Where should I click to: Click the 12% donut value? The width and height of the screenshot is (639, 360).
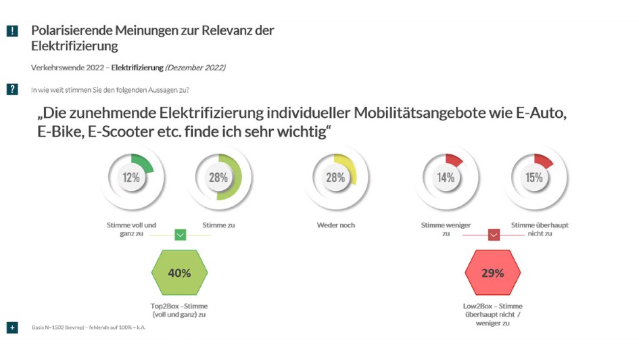(x=131, y=178)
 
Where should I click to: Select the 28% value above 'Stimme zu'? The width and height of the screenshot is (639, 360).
(x=218, y=178)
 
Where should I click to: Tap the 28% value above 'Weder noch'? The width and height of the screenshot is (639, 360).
(x=335, y=178)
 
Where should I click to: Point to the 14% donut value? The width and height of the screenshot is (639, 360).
(x=446, y=178)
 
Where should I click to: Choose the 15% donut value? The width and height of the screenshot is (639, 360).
(x=534, y=178)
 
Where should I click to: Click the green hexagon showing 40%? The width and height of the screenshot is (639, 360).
(x=180, y=273)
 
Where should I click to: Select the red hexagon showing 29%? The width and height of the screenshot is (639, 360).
(x=493, y=273)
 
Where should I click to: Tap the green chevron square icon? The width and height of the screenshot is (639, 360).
(x=180, y=235)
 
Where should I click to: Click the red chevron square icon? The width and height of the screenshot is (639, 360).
(x=494, y=235)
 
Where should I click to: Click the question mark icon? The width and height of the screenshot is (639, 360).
(x=12, y=89)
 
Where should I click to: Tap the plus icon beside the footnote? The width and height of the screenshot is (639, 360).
(x=12, y=328)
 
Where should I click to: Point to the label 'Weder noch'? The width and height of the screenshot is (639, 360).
(x=335, y=225)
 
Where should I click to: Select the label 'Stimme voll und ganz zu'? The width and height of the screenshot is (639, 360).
(x=131, y=229)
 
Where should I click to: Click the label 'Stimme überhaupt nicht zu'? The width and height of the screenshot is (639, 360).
(x=534, y=229)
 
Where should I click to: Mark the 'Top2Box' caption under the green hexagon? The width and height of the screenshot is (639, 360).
(x=180, y=310)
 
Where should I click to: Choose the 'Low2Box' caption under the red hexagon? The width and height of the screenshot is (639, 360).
(x=493, y=314)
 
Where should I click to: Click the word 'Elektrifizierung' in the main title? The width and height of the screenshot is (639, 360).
(x=74, y=47)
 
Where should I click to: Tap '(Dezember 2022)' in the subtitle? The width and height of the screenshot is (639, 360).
(x=195, y=68)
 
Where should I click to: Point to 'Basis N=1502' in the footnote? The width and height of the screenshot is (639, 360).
(x=50, y=328)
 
